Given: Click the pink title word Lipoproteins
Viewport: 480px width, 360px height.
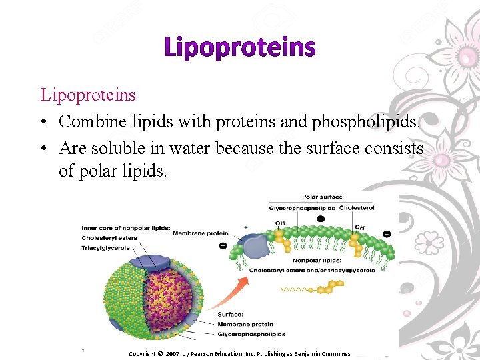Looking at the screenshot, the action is pyautogui.click(x=239, y=48).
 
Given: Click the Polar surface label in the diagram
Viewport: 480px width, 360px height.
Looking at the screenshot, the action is pyautogui.click(x=322, y=197).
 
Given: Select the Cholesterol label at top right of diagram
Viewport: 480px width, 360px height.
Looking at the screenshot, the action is pyautogui.click(x=357, y=208).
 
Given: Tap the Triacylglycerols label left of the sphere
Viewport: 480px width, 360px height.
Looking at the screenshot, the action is pyautogui.click(x=105, y=248).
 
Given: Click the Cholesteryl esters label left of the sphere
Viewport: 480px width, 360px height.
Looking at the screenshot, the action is pyautogui.click(x=109, y=238).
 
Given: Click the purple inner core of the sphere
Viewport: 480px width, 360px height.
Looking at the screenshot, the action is pyautogui.click(x=160, y=293).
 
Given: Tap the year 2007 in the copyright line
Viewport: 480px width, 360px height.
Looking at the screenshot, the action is pyautogui.click(x=173, y=353).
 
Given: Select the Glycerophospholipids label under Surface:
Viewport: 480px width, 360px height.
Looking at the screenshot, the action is pyautogui.click(x=252, y=334).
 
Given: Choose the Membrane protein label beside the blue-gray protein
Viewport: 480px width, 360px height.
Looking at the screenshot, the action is pyautogui.click(x=200, y=233).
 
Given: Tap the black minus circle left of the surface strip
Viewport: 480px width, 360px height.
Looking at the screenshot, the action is pyautogui.click(x=223, y=245).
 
